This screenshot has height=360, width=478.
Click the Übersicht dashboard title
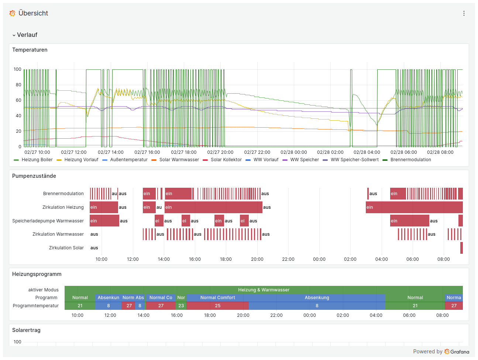(33, 13)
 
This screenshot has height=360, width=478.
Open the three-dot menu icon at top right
(464, 13)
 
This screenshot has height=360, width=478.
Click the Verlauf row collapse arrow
(14, 35)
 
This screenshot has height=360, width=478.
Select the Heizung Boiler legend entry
(37, 160)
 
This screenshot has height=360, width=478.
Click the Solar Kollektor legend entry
(226, 160)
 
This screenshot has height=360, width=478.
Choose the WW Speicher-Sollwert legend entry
(354, 160)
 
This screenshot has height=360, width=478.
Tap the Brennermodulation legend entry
(410, 160)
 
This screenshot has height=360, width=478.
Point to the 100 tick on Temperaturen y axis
(17, 69)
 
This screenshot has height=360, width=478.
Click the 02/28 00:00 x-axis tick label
(293, 152)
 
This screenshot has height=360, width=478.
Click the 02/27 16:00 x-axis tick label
(147, 152)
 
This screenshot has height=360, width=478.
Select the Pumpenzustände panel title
(34, 176)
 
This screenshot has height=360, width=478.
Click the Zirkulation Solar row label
(66, 248)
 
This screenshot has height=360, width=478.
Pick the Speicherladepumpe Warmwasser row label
(48, 221)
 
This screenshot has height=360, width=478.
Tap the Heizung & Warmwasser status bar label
(264, 290)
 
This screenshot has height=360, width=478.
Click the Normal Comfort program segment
(217, 298)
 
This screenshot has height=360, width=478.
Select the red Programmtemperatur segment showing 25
(217, 306)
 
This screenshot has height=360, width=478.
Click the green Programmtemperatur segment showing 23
(181, 306)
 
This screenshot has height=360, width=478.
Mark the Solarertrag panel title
(26, 330)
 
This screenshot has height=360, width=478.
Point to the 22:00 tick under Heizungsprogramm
(276, 315)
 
